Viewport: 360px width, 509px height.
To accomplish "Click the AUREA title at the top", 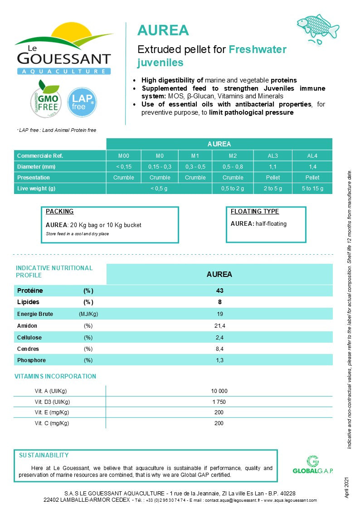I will (x=163, y=30).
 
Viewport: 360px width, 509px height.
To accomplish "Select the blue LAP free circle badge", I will (x=82, y=102).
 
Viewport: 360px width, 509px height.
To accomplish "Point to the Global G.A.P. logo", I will (x=313, y=465).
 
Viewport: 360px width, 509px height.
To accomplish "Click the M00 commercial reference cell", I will (x=123, y=155).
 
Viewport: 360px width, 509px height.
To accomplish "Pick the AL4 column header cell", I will (x=312, y=155).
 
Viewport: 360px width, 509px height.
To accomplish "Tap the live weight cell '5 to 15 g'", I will (x=312, y=188).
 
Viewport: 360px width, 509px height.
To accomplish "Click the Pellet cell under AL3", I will (x=273, y=177).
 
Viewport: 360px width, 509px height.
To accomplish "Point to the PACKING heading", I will (x=59, y=212).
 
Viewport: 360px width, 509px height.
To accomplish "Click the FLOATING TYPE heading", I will (x=255, y=212).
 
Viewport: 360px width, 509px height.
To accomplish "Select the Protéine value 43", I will (x=219, y=291).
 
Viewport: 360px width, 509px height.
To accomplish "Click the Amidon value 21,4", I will (x=219, y=326).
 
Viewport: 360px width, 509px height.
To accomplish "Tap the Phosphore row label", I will (x=31, y=360).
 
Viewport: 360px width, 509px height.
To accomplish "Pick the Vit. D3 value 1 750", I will (x=219, y=402).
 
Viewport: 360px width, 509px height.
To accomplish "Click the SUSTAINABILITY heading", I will (x=44, y=455).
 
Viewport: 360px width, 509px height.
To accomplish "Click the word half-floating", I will (x=271, y=223).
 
